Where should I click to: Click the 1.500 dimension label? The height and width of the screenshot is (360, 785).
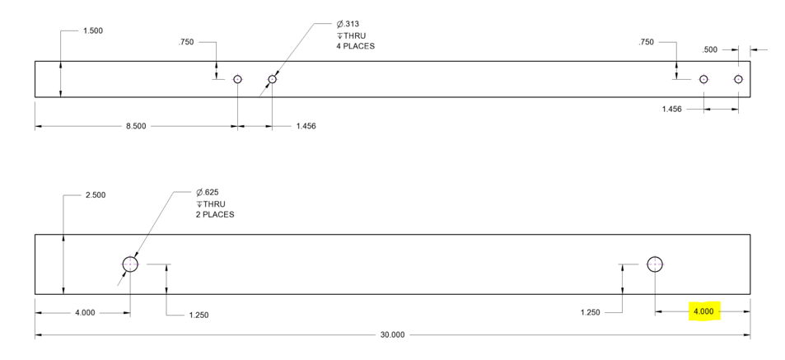coord(93,31)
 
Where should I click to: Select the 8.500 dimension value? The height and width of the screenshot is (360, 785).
coord(137,127)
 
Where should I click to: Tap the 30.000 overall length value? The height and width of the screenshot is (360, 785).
coord(392,334)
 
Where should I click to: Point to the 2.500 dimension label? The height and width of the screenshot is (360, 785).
coord(96,195)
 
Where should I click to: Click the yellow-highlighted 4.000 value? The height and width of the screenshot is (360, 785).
coord(703,311)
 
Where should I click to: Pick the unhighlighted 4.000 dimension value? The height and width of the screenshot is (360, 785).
coord(85,312)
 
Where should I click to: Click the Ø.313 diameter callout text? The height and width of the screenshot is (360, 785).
coord(349,25)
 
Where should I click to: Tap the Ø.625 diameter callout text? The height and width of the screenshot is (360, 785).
coord(208,193)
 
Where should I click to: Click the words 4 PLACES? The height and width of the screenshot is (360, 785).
coord(355,46)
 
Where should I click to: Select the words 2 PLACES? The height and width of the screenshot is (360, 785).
coord(215,214)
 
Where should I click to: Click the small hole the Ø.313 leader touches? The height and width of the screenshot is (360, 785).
coord(272,79)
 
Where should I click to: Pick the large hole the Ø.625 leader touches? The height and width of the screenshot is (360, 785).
coord(130,264)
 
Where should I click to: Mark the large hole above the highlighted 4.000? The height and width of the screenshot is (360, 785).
coord(655,264)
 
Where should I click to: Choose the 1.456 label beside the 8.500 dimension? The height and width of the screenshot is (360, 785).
coord(306,127)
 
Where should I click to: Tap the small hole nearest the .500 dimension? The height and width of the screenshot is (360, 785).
coord(738,79)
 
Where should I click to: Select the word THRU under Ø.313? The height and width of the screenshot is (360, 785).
coord(355,35)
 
